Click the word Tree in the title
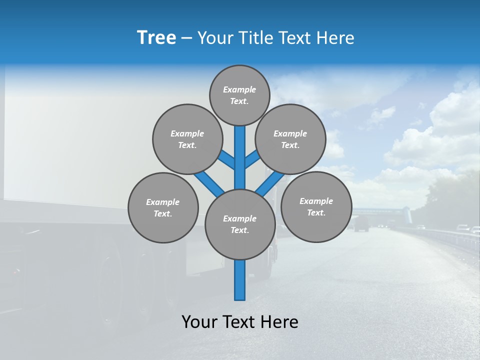point(156,37)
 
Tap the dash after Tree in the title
point(186,38)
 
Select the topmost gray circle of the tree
point(239,95)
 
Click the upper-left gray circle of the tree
point(187,139)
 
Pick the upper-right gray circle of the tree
point(290,139)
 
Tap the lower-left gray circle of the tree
point(163,207)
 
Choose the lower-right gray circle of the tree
point(316,206)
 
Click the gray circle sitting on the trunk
point(240,224)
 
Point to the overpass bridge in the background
point(380,211)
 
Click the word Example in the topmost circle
point(239,89)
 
